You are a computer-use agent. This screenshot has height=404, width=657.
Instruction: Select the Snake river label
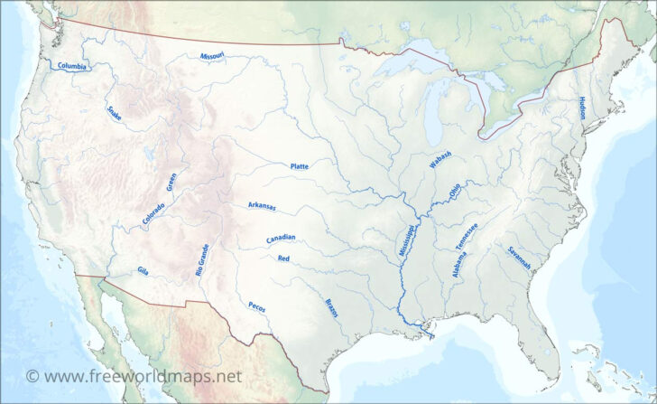coord(114,113)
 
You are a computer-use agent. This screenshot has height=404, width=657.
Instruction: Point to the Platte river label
coord(299,166)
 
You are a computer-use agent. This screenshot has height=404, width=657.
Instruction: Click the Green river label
coord(171,182)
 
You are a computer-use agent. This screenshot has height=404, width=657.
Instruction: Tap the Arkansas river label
coord(262,206)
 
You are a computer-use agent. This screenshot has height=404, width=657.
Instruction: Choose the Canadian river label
coord(281,239)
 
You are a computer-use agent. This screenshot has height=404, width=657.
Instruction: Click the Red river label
coord(283,258)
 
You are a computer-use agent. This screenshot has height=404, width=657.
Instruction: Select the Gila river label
coord(143,270)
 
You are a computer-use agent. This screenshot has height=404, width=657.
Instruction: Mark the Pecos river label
coord(256,306)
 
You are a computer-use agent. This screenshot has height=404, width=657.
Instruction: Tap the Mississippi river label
coord(407,240)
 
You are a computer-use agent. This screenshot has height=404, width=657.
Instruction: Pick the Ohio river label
coord(453,191)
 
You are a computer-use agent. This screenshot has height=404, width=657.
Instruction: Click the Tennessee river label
coord(467,236)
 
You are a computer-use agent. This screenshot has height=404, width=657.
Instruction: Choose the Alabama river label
coord(449,263)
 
